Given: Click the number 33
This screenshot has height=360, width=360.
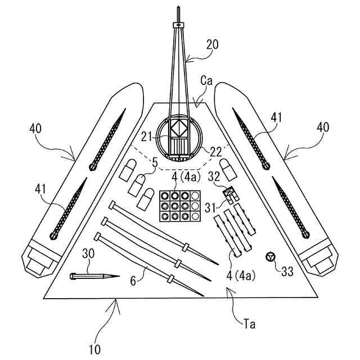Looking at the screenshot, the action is click(x=287, y=272).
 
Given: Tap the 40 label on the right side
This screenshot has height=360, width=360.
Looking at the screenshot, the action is click(x=322, y=128).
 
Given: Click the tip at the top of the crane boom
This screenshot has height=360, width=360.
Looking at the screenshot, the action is click(x=178, y=8).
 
